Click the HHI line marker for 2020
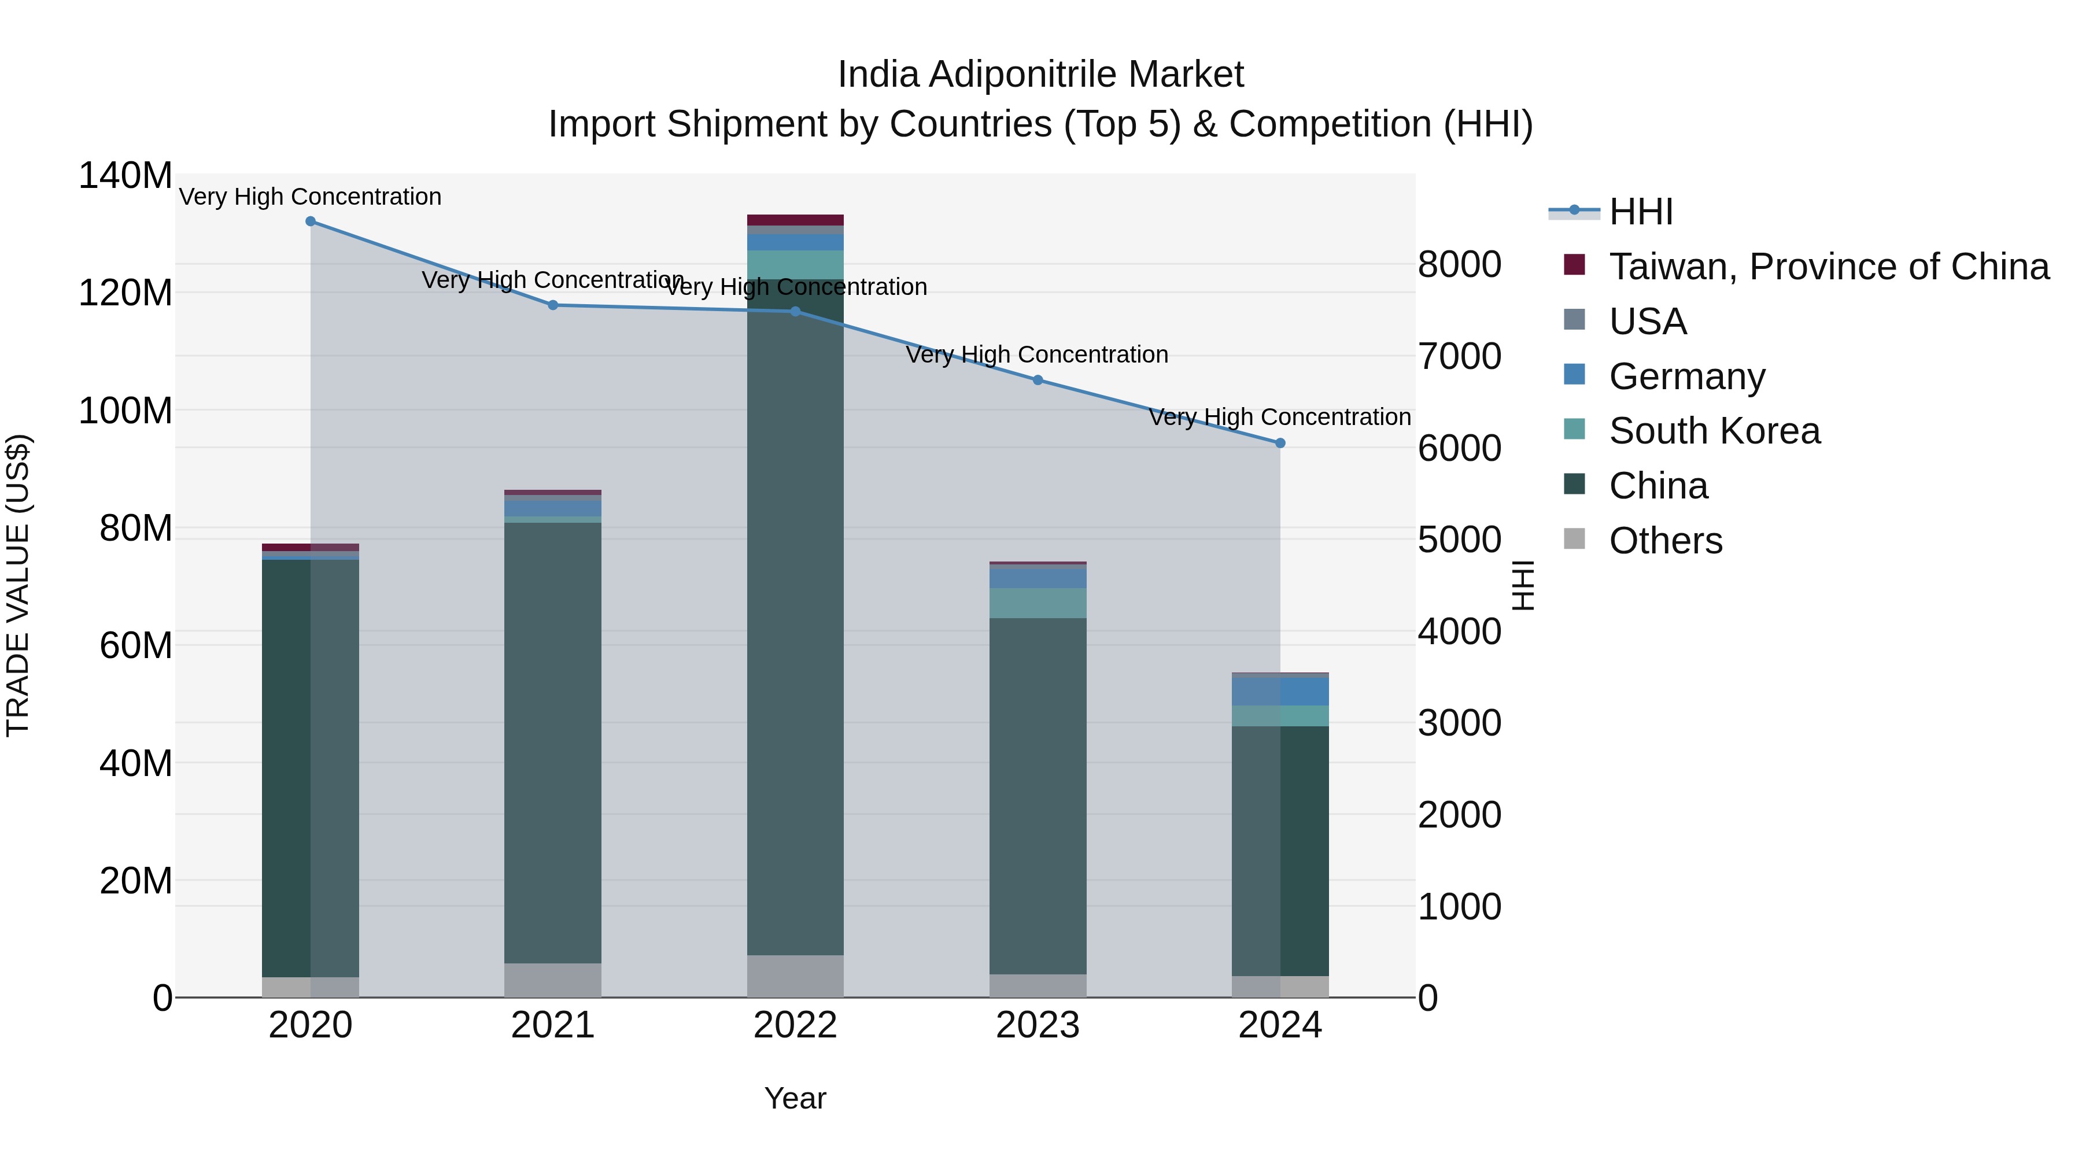tap(311, 221)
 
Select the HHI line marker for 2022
tap(795, 312)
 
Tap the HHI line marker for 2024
tap(1280, 444)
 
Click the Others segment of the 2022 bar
tap(795, 976)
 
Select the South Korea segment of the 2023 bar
tap(1038, 603)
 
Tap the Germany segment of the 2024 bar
tap(1280, 691)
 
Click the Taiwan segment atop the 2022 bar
tap(795, 220)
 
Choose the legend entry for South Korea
tap(1714, 431)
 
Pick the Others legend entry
tap(1665, 541)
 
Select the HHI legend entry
tap(1640, 212)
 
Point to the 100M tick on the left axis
tap(125, 411)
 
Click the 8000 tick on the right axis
tap(1460, 265)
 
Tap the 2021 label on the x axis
tap(553, 1025)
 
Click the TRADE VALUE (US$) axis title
tap(18, 585)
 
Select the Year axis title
tap(795, 1098)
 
